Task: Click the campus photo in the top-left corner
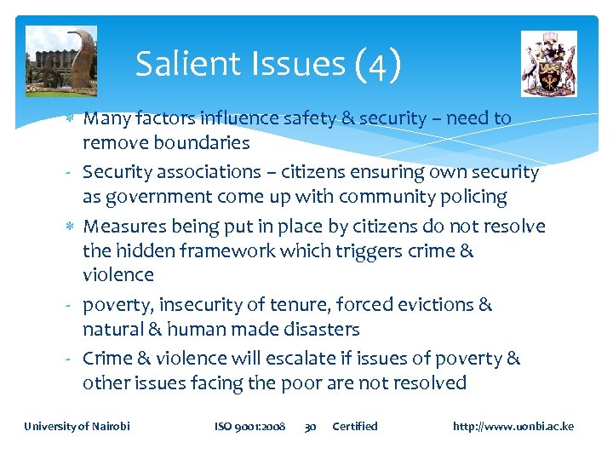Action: click(x=61, y=60)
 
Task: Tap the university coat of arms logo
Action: click(x=548, y=64)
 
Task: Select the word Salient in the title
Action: click(x=181, y=64)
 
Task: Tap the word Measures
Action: click(x=124, y=227)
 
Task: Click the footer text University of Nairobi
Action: click(x=77, y=426)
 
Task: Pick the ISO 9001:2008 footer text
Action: click(x=249, y=426)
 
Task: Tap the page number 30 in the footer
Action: click(x=311, y=426)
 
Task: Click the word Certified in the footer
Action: click(x=355, y=426)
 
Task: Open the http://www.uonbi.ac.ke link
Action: click(x=513, y=426)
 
